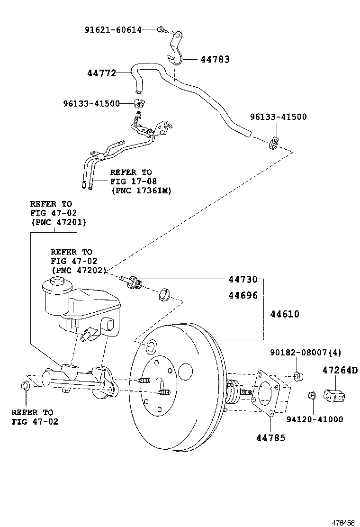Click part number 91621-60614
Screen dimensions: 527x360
click(x=113, y=30)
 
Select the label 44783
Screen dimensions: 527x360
click(x=215, y=59)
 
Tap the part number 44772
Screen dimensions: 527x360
click(x=101, y=73)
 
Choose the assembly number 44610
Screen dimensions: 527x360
click(x=285, y=314)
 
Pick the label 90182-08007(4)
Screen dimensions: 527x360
click(x=306, y=353)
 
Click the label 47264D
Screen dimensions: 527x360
click(x=340, y=370)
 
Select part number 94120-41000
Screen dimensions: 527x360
click(x=315, y=419)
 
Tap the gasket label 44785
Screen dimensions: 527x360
click(x=271, y=438)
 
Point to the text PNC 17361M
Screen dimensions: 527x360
click(x=141, y=191)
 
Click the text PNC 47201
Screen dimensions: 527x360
click(x=58, y=222)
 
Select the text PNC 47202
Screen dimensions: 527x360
click(x=79, y=270)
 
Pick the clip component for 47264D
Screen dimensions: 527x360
click(x=333, y=395)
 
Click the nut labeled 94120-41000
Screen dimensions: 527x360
click(x=312, y=394)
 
